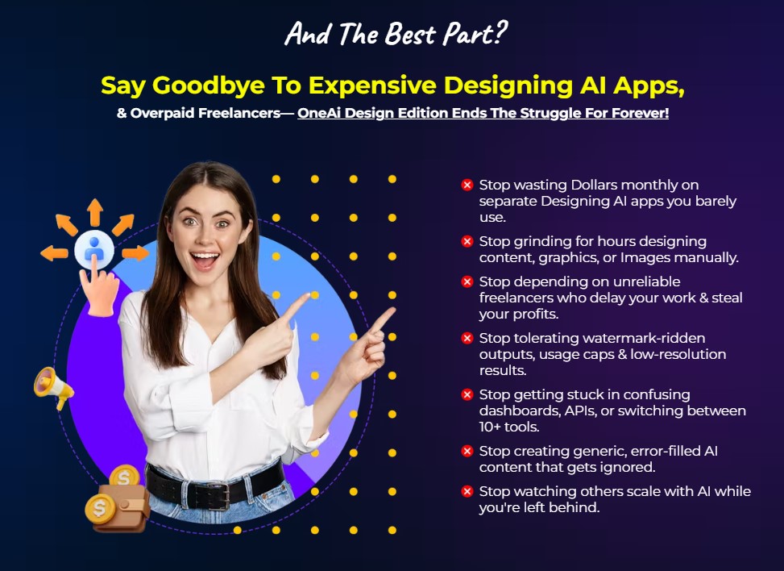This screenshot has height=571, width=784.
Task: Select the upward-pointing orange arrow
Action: click(95, 211)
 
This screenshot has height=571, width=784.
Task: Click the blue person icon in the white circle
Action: click(94, 248)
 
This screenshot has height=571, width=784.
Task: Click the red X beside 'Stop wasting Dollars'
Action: click(467, 185)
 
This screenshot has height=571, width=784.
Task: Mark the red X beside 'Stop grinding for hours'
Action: click(467, 241)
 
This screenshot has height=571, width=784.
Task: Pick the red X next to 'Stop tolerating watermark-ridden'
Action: click(467, 338)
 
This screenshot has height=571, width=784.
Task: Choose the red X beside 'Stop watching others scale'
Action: click(467, 491)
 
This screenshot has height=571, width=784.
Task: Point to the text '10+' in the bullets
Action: click(493, 427)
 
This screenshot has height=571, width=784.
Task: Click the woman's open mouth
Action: click(204, 259)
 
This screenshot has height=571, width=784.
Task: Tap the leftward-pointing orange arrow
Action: click(54, 253)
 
